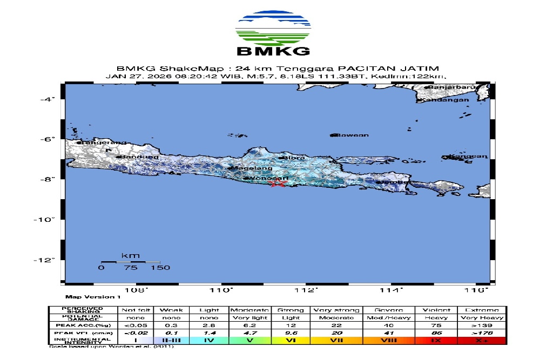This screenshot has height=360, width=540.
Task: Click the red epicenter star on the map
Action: [x=278, y=184]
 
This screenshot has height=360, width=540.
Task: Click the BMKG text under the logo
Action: [x=273, y=52]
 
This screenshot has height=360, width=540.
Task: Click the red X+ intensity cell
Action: [x=482, y=341]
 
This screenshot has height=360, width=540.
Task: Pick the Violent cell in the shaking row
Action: [x=436, y=310]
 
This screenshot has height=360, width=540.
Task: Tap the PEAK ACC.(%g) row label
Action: [x=83, y=325]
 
